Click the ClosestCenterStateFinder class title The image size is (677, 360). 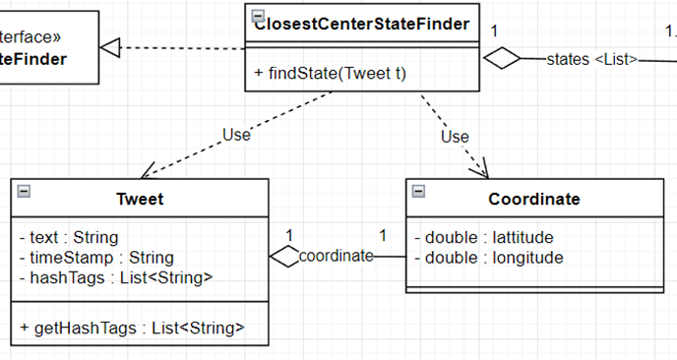pos(361,23)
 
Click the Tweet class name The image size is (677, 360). pos(140,200)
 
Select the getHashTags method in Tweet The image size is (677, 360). pos(132,327)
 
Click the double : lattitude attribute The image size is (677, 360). pos(483,237)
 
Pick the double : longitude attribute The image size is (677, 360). pos(488,258)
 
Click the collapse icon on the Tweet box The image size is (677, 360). pos(23,191)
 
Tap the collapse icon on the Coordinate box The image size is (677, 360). pos(417,191)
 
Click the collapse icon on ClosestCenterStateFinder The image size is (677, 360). pos(257,15)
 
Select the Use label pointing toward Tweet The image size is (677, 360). pos(236,136)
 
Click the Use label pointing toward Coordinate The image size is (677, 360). pos(454,137)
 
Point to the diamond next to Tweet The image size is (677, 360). pos(283,257)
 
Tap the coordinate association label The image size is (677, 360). pos(336,257)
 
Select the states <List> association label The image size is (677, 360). pos(591,60)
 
